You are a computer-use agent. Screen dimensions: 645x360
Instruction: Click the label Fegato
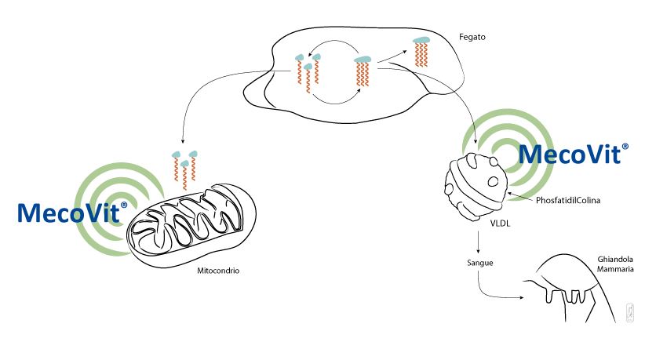(x=472, y=37)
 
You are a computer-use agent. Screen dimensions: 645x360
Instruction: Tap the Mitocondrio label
(x=218, y=271)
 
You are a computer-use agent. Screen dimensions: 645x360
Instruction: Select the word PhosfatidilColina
(x=567, y=200)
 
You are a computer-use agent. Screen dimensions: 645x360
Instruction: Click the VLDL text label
(x=500, y=224)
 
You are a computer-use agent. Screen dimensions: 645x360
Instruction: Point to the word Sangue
(x=480, y=263)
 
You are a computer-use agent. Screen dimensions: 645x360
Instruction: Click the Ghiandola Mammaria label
(x=615, y=264)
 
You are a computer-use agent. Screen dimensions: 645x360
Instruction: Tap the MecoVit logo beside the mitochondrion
(x=72, y=212)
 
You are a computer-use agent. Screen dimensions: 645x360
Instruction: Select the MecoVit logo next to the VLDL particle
(x=574, y=154)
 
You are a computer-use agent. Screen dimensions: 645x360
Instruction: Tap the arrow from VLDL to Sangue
(x=478, y=242)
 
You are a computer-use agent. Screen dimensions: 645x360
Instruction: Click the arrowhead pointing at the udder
(x=522, y=297)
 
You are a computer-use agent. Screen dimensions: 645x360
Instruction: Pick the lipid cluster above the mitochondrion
(x=184, y=169)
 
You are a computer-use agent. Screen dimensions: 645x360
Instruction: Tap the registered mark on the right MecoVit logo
(x=625, y=147)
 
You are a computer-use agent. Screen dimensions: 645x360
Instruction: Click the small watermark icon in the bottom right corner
(x=630, y=313)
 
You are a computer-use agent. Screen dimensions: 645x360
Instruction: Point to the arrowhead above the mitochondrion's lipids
(x=183, y=141)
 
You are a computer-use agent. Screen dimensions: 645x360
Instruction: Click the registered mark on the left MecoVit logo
(x=124, y=205)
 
